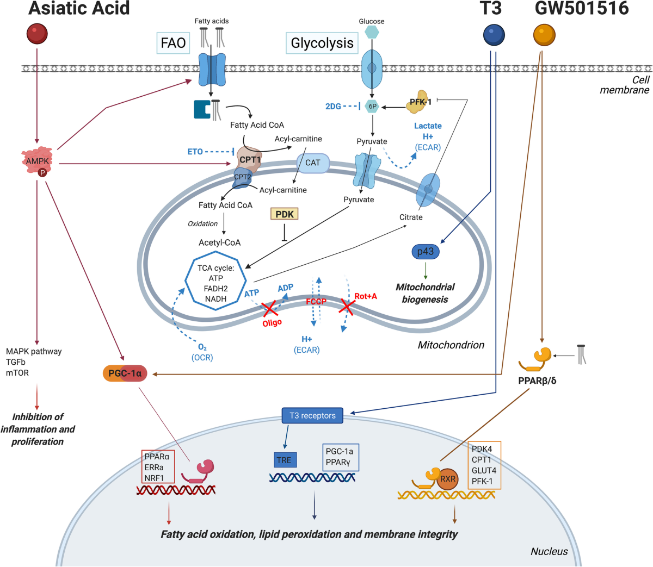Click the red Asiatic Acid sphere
37,34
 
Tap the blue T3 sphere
494,35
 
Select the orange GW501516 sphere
544,35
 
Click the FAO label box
173,43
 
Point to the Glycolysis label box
322,43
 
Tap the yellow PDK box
284,214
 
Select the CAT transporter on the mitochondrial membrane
313,163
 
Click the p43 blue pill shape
426,252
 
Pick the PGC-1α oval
125,373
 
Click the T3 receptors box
312,415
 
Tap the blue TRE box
285,460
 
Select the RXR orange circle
447,479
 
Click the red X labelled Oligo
270,308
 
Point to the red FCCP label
316,301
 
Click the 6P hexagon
372,106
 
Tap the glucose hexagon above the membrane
372,32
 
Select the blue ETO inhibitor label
195,152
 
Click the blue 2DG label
333,107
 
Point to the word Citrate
411,217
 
